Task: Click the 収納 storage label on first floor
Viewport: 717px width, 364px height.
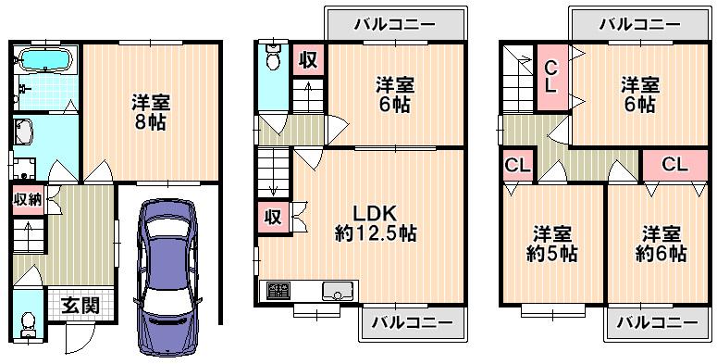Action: (26, 199)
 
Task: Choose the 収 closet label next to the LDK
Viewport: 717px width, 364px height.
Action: (273, 218)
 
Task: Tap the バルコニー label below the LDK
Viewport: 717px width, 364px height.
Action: (412, 322)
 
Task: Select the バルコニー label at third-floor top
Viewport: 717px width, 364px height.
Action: (638, 25)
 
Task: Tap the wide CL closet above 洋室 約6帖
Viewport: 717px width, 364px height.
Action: (674, 166)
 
